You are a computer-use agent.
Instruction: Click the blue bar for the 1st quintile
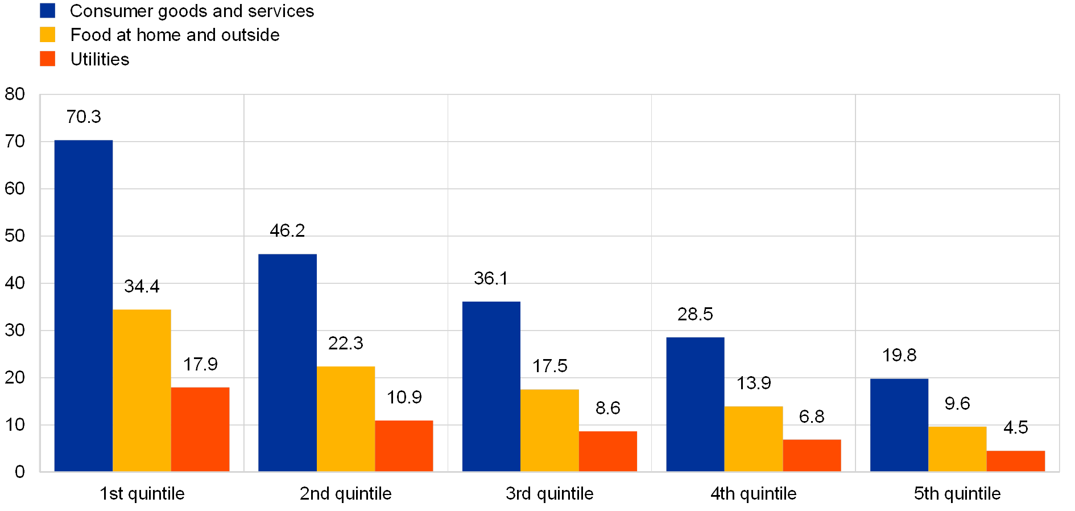(x=84, y=306)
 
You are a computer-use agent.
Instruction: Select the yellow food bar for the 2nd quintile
(x=346, y=419)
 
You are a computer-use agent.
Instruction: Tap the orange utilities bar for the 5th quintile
(x=1016, y=461)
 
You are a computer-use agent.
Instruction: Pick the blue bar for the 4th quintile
(x=695, y=404)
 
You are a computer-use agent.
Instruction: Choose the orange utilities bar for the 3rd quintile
(x=608, y=451)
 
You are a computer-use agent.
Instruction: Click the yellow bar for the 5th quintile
(x=957, y=448)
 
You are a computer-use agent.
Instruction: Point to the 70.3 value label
(x=84, y=117)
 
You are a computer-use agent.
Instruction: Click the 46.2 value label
(x=287, y=230)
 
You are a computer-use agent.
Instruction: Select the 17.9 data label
(x=200, y=364)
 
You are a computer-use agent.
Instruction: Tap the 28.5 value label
(x=695, y=314)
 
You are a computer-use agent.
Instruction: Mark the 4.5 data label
(x=1016, y=427)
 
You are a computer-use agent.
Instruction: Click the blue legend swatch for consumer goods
(x=48, y=11)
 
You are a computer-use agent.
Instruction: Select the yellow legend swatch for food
(x=48, y=35)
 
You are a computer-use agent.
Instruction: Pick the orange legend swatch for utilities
(x=48, y=59)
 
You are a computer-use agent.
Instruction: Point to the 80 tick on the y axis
(x=15, y=94)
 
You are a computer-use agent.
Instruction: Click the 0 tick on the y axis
(x=20, y=472)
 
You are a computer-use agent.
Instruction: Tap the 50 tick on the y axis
(x=15, y=236)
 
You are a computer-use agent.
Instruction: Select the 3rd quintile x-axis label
(x=549, y=494)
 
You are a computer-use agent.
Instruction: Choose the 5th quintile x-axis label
(x=957, y=494)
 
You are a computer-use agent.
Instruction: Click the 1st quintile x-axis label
(x=142, y=494)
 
